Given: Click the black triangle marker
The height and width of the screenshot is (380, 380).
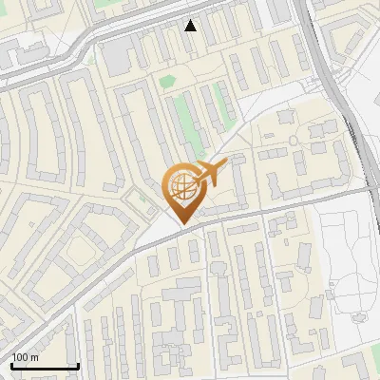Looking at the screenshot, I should (x=191, y=26).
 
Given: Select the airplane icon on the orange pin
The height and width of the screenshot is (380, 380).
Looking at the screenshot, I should (x=210, y=174).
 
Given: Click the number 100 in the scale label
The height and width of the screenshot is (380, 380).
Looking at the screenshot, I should (x=19, y=357).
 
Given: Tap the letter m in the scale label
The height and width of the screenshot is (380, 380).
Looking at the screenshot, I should (x=34, y=357).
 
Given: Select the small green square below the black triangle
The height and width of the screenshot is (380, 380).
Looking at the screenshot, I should (x=168, y=82).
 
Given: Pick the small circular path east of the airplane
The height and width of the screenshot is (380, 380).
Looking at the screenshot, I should (x=294, y=141).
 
